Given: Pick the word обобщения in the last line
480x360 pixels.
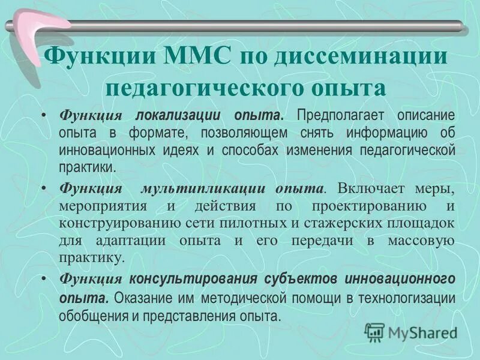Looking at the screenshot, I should [92, 316].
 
